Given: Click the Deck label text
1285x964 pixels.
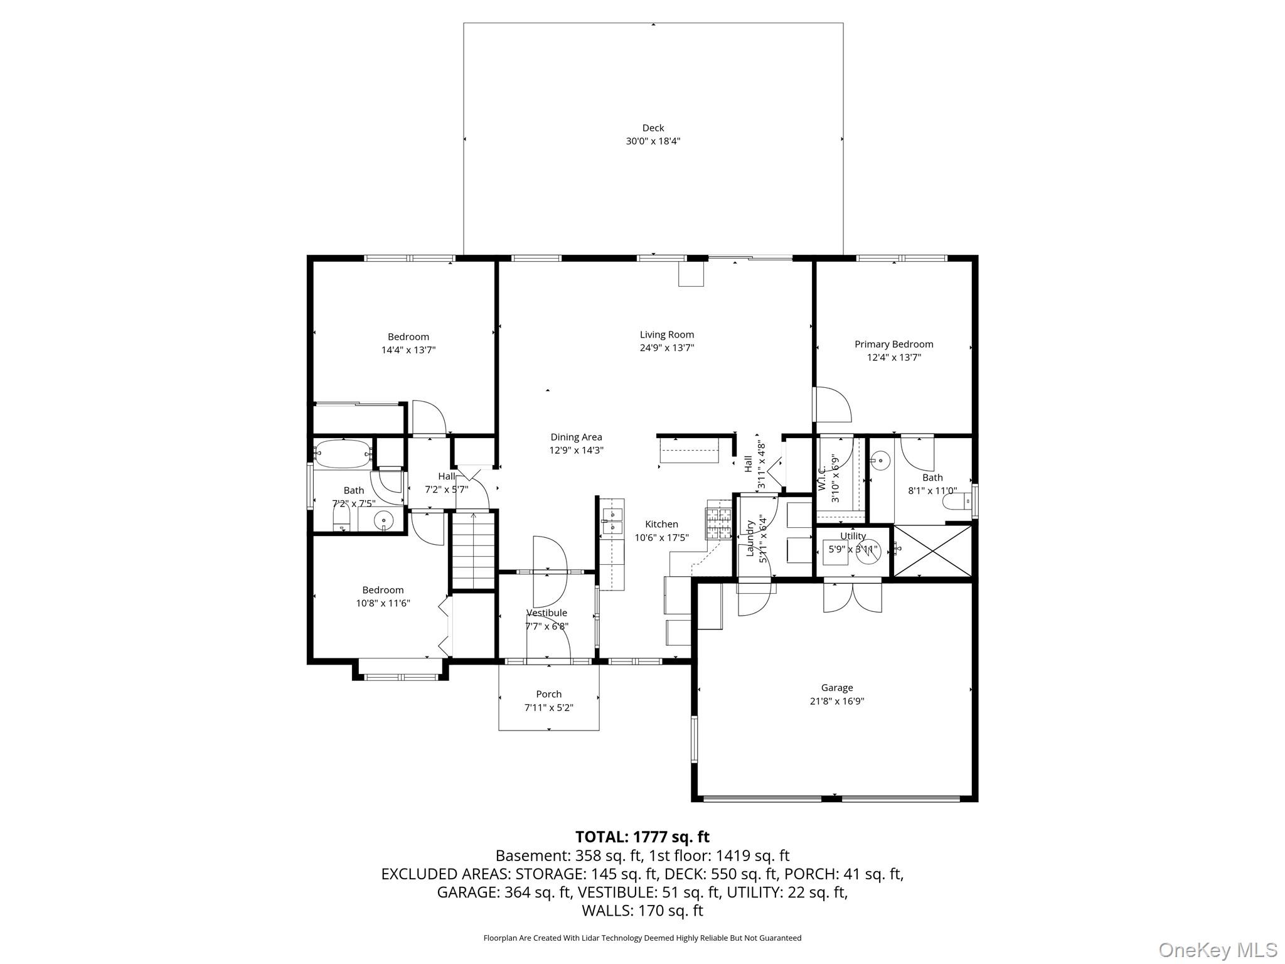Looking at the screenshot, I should coord(653,128).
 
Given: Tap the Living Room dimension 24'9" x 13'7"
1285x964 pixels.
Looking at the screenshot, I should coord(666,348).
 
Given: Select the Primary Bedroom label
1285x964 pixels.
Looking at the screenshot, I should coord(893,344).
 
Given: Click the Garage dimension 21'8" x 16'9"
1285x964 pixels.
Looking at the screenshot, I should coord(836,701).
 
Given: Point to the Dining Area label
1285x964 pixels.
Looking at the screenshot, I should coord(576,437).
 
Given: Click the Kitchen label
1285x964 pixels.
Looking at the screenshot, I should coord(661,524).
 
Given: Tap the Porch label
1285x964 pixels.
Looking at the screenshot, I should coord(548,694).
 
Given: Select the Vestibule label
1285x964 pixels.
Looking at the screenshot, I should coord(547,613).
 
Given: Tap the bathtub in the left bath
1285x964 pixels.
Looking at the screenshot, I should coord(342,453).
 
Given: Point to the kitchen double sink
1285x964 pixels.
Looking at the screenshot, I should coord(611,522).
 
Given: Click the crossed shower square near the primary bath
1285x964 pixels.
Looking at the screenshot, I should coord(931,550).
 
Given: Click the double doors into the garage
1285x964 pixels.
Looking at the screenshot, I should coord(852,597).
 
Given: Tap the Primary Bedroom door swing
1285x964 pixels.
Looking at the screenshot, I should coord(831,405).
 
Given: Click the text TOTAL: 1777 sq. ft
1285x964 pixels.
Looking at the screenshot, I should coord(642,837).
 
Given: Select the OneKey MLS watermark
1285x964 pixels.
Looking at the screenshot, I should coord(1217,950).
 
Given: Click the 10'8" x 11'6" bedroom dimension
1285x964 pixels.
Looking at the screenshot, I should coord(383,603).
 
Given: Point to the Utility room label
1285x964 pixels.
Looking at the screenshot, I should coord(853,536).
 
